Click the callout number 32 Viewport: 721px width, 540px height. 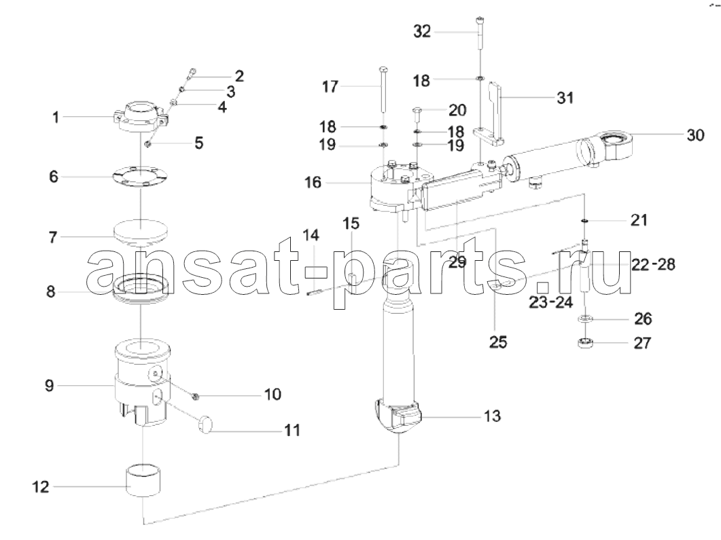tap(422, 32)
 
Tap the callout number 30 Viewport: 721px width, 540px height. tap(695, 135)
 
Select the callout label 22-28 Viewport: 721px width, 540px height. tap(653, 264)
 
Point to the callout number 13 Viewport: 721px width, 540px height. tap(492, 416)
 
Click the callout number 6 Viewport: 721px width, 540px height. tap(54, 177)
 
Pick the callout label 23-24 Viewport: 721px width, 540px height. tap(550, 302)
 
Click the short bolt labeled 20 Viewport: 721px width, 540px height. tap(417, 113)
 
